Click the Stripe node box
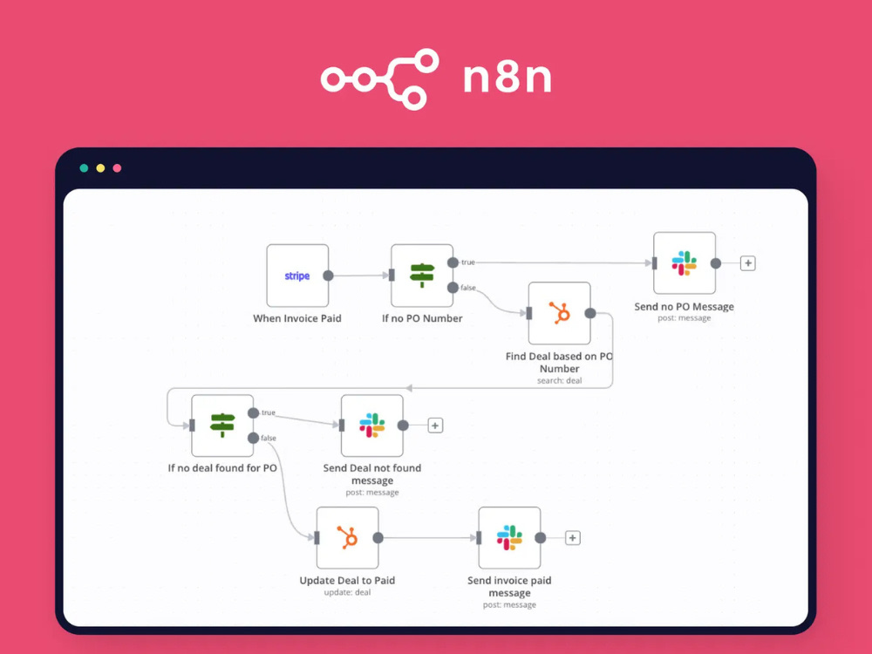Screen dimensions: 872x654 [x=297, y=276]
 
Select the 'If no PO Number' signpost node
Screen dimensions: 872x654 [x=422, y=276]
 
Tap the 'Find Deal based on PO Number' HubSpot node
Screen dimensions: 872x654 [x=560, y=313]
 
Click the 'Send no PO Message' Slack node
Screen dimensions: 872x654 [x=685, y=263]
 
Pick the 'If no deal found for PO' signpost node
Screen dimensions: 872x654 [x=222, y=426]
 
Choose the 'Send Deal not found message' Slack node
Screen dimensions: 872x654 [x=372, y=426]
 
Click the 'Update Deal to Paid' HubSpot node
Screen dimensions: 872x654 [x=348, y=538]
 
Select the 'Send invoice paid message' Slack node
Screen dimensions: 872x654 [x=509, y=538]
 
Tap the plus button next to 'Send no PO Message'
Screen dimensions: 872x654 [x=748, y=263]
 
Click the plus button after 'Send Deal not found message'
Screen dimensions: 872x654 [x=435, y=426]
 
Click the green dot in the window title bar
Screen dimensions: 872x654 [x=84, y=168]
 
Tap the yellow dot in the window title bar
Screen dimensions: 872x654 [x=100, y=168]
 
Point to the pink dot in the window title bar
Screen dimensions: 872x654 [x=117, y=168]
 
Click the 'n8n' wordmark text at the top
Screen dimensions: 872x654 [x=508, y=78]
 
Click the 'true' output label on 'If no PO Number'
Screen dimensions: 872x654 [x=468, y=262]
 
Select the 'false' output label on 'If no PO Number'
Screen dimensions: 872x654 [x=468, y=288]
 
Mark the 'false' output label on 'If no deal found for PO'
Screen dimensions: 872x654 [x=269, y=438]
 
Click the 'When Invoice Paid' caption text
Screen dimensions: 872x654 [x=297, y=318]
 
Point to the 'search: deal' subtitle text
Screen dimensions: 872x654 [x=560, y=380]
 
